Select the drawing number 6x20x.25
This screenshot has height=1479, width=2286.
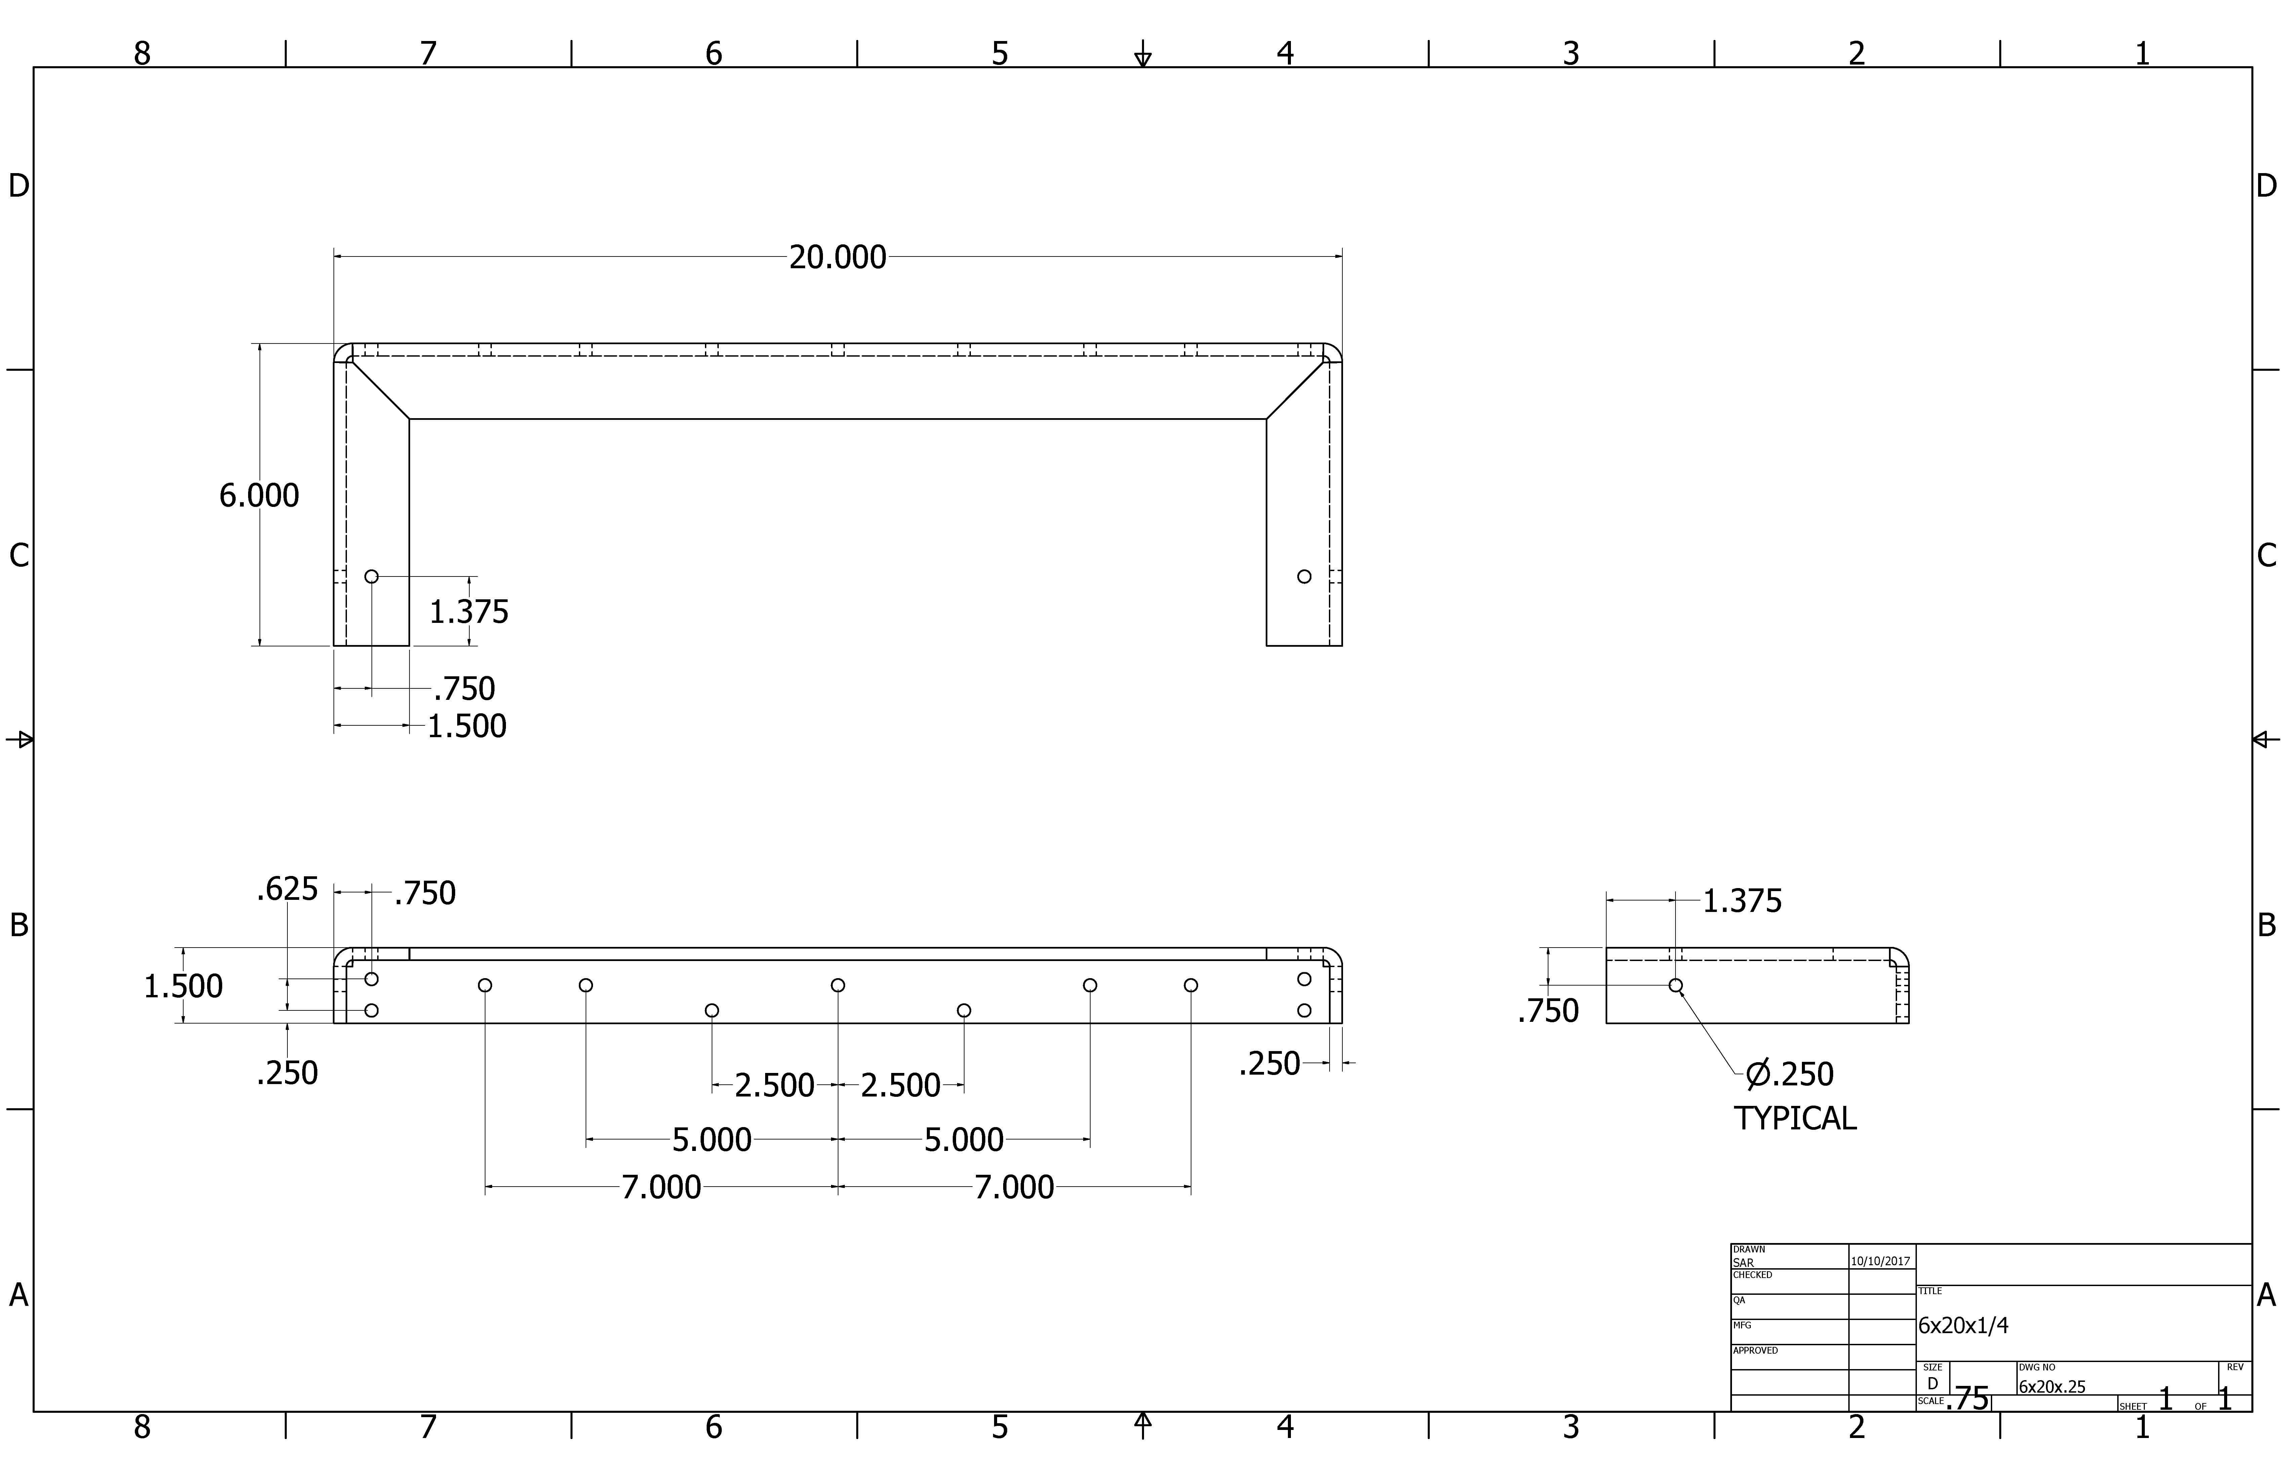[x=2052, y=1387]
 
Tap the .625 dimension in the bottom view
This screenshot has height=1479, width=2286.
[x=287, y=889]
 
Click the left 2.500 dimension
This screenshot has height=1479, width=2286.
[x=774, y=1085]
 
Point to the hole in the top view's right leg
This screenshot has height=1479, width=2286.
[x=1303, y=576]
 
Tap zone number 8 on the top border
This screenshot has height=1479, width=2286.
[x=142, y=53]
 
